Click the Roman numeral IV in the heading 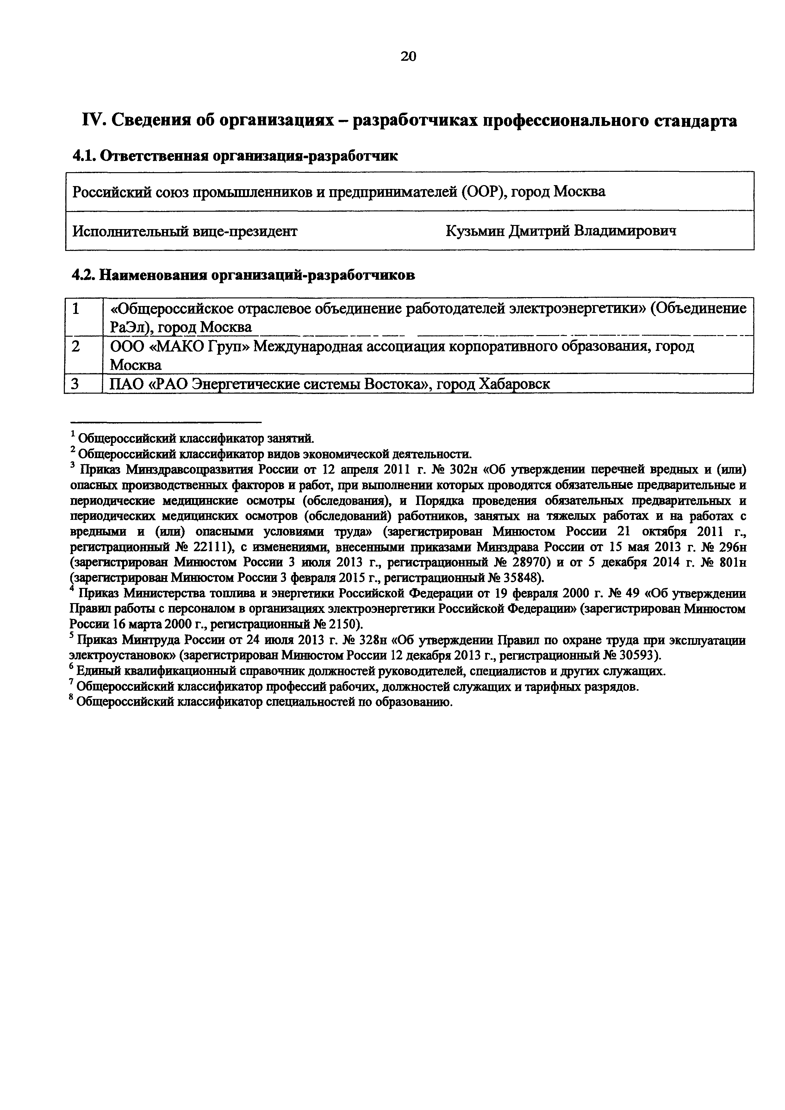pos(92,120)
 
